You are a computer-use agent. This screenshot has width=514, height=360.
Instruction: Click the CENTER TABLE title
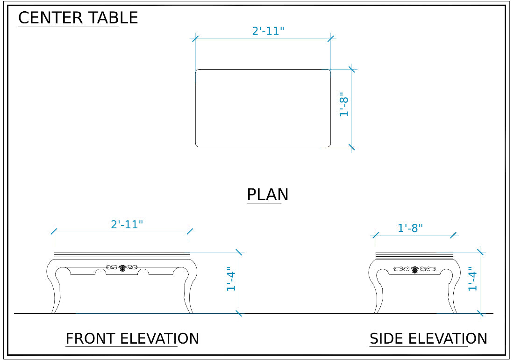[x=78, y=18]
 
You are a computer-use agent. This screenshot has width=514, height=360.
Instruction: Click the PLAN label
[x=267, y=194]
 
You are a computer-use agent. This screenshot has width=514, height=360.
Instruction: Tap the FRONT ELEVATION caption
[x=132, y=338]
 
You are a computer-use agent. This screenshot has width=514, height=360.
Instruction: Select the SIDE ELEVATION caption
[x=428, y=338]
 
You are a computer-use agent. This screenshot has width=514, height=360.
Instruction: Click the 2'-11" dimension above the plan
[x=268, y=31]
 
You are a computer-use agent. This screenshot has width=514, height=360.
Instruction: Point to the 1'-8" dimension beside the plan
[x=343, y=104]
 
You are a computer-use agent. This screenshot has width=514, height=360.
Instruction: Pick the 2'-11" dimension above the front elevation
[x=127, y=224]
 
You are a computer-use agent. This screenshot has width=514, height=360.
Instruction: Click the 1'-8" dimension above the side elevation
[x=410, y=228]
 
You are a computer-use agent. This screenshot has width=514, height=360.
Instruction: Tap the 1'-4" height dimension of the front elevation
[x=231, y=279]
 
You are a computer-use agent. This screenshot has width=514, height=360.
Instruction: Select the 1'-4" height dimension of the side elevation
[x=472, y=279]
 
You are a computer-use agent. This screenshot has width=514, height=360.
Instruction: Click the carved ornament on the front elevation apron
[x=122, y=268]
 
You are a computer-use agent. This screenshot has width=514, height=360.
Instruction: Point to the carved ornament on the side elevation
[x=414, y=269]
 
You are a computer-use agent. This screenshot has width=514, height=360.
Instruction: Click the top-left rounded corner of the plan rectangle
[x=197, y=71]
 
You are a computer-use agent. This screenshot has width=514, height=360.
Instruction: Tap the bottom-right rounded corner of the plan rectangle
[x=329, y=145]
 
